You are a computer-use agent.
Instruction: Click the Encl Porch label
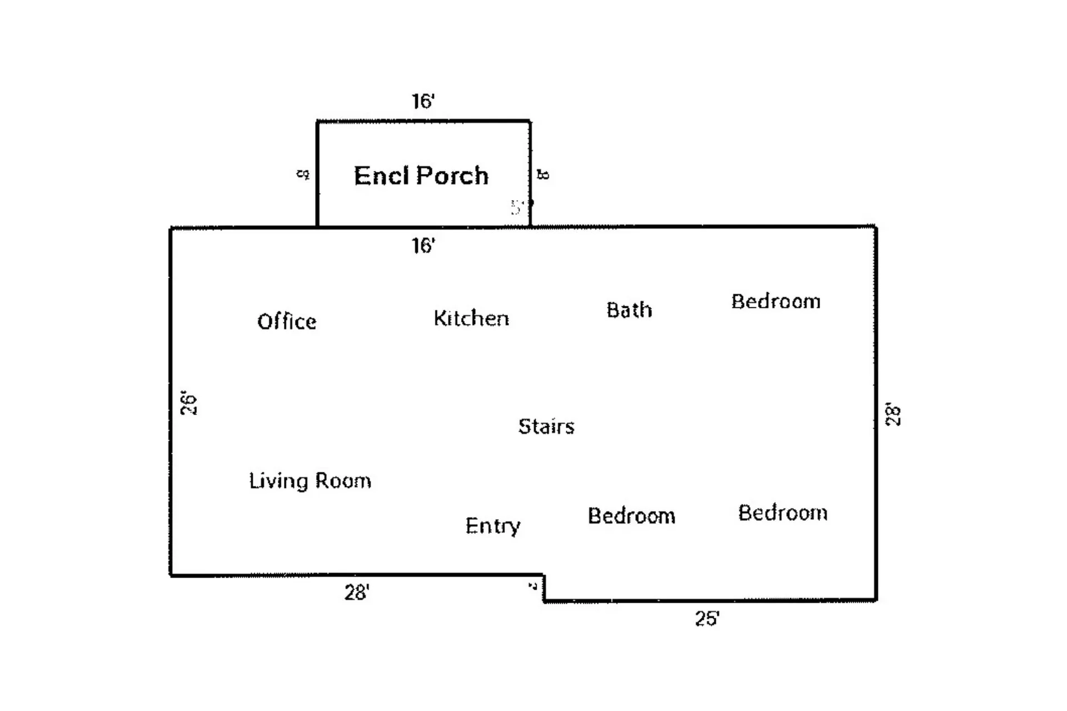[x=421, y=176]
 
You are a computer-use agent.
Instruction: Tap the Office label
[x=286, y=322]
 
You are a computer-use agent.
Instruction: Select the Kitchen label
[x=471, y=319]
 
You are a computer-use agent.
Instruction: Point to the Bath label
[x=629, y=310]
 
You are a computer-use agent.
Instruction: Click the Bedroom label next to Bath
[x=775, y=301]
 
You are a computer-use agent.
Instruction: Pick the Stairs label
[x=546, y=426]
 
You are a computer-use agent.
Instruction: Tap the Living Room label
[x=310, y=481]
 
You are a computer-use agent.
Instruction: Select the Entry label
[x=492, y=525]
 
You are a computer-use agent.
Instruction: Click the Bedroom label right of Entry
[x=631, y=516]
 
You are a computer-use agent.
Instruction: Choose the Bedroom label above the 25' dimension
[x=782, y=513]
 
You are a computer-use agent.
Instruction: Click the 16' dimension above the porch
[x=423, y=101]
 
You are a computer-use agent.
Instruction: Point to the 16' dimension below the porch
[x=423, y=245]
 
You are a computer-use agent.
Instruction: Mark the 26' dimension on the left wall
[x=188, y=404]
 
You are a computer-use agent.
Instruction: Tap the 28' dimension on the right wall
[x=893, y=414]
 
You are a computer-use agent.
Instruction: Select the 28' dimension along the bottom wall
[x=356, y=593]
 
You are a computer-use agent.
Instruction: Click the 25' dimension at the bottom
[x=707, y=618]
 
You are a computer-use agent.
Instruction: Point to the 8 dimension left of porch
[x=303, y=175]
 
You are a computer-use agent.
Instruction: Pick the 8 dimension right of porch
[x=543, y=175]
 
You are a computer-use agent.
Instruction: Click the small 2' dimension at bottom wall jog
[x=532, y=585]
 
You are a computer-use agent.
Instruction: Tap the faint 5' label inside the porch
[x=517, y=207]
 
